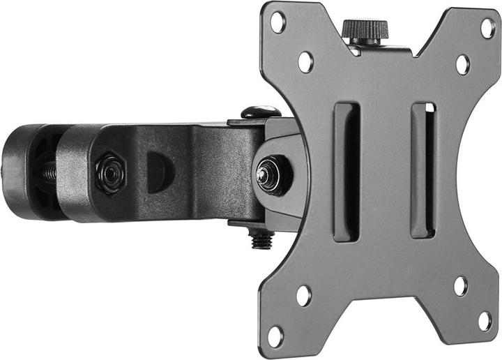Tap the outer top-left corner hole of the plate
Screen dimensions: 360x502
pyautogui.click(x=278, y=22)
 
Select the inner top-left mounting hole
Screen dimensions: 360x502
pyautogui.click(x=305, y=61)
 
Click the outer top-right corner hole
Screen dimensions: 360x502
pyautogui.click(x=487, y=28)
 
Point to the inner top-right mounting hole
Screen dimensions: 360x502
pyautogui.click(x=462, y=64)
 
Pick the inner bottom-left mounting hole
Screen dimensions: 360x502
pyautogui.click(x=303, y=295)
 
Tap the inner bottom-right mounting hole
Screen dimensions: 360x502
pyautogui.click(x=461, y=285)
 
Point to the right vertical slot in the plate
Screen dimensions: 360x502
pyautogui.click(x=423, y=172)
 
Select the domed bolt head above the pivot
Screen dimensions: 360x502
pyautogui.click(x=260, y=112)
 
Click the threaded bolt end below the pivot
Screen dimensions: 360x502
pyautogui.click(x=261, y=240)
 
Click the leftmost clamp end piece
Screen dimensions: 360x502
pyautogui.click(x=21, y=171)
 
